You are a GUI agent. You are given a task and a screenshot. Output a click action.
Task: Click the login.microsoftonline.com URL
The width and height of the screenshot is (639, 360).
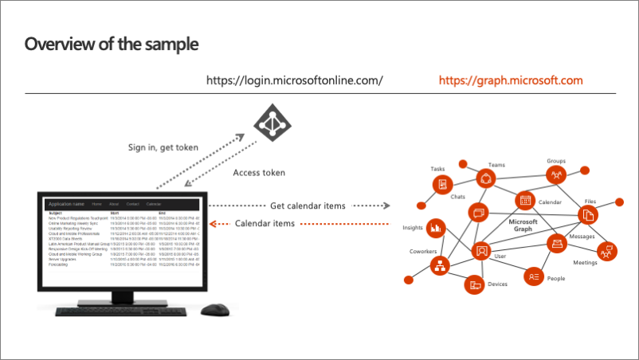click(x=295, y=80)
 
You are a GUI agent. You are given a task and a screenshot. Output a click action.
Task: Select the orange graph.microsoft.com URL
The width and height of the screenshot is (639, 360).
click(x=511, y=80)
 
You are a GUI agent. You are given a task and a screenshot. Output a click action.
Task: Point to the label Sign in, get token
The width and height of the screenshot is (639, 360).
click(x=163, y=147)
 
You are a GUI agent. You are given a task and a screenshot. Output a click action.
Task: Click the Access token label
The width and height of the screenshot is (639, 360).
click(x=259, y=172)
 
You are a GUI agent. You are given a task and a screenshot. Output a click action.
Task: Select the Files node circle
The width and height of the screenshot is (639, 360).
click(x=588, y=214)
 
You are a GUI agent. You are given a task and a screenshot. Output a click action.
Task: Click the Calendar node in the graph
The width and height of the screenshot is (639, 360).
click(x=524, y=200)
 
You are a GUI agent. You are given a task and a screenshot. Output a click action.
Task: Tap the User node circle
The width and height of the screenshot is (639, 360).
click(x=481, y=251)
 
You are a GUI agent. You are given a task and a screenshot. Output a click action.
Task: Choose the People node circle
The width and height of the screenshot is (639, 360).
click(x=533, y=276)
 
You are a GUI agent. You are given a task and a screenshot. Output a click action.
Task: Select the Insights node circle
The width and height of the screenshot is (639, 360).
click(x=436, y=228)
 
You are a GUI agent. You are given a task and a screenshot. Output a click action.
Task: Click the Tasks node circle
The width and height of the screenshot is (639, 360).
click(x=441, y=185)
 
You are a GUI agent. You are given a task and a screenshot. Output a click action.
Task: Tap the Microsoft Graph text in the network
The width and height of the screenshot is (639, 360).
click(x=524, y=227)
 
